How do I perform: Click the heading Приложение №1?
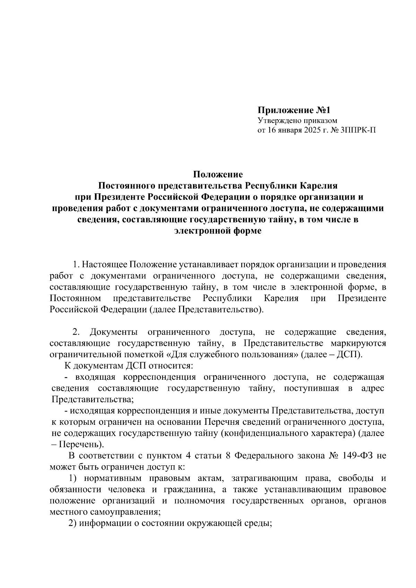pos(294,111)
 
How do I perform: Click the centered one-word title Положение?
pos(218,174)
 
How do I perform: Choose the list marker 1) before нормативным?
pos(72,479)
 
